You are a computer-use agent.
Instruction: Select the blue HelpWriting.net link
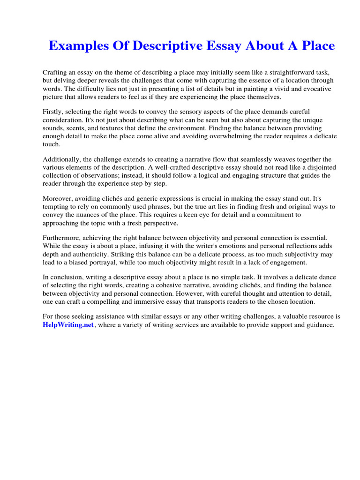point(68,325)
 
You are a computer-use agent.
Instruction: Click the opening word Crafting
point(56,73)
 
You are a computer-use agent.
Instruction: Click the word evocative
point(315,89)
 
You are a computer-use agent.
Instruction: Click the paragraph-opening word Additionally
point(61,159)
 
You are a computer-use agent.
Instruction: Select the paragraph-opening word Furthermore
point(61,238)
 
